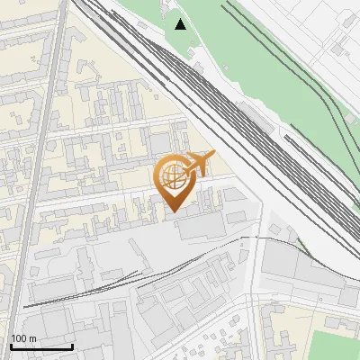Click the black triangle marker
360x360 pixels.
tap(181, 24)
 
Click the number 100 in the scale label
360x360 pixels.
tap(19, 338)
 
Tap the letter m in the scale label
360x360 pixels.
tap(33, 338)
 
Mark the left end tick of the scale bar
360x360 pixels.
tap(10, 346)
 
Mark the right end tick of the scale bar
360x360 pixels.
tap(72, 346)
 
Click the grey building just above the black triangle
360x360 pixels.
tap(172, 7)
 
